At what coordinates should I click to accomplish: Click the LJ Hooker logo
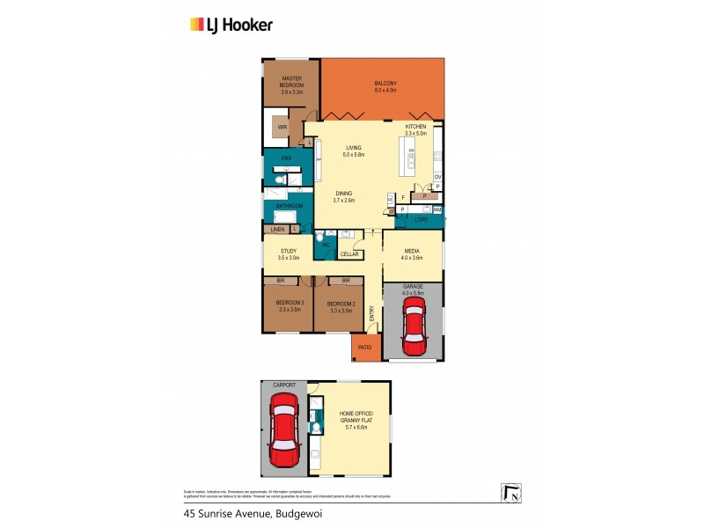click(231, 25)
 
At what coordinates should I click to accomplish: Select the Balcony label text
click(385, 86)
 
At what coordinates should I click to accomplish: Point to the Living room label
click(355, 151)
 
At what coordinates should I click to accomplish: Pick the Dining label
click(343, 197)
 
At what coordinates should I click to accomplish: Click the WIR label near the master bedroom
click(282, 128)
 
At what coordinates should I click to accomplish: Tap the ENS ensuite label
click(286, 158)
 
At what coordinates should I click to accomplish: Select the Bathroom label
click(290, 206)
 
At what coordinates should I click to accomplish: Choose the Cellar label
click(349, 254)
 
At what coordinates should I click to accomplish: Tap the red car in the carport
click(283, 431)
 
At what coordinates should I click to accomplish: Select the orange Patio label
click(365, 348)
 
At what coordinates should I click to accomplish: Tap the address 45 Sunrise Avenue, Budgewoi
click(247, 513)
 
